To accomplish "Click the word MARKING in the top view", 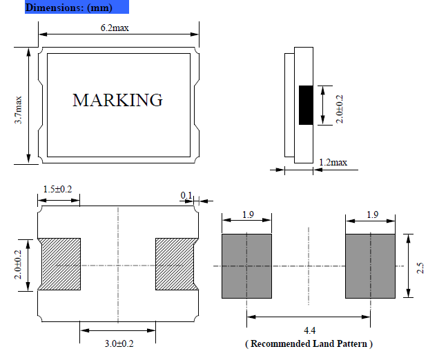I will coord(117,100).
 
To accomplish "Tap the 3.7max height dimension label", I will coord(19,110).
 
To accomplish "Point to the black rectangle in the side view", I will coord(305,105).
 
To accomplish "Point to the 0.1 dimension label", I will coord(186,195).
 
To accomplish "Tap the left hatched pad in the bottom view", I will coord(61,265).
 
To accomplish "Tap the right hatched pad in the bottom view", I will coord(177,265).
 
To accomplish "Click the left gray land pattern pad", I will coord(247,266).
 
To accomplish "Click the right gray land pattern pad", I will coord(371,266).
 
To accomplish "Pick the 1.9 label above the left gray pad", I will coord(247,215).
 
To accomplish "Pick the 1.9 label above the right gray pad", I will coord(371,215).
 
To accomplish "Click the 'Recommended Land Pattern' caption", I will coord(309,343).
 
